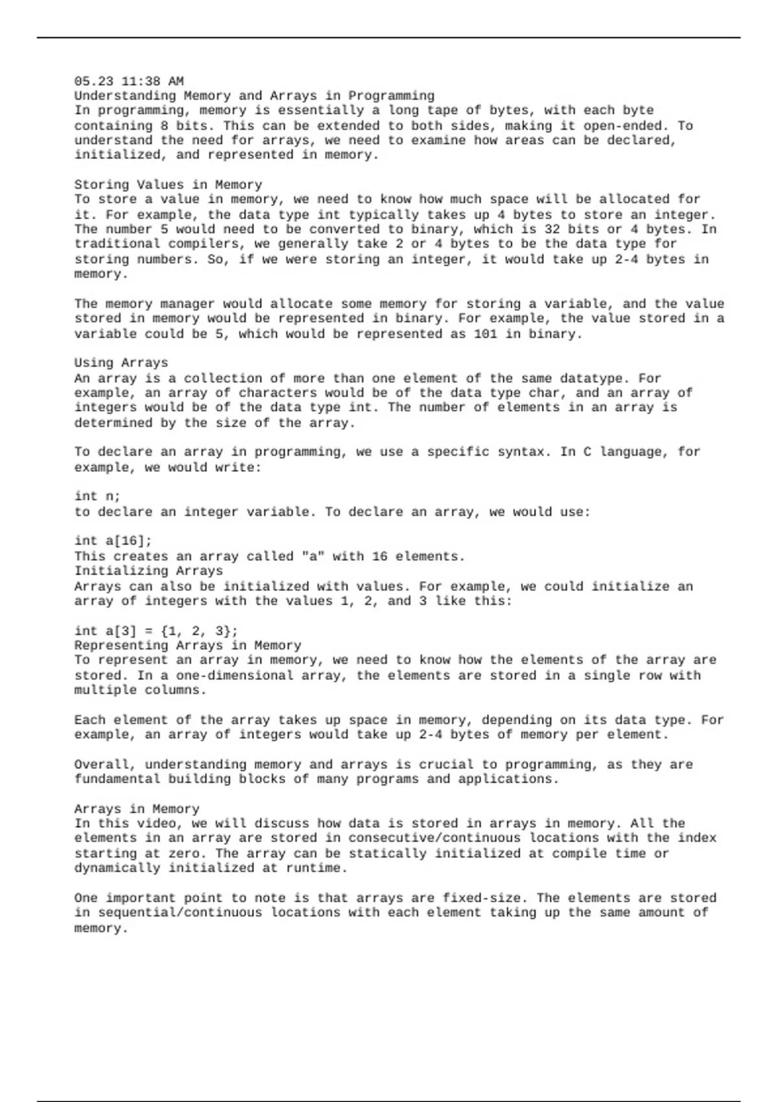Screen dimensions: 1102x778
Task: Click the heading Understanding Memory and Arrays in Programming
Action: tap(254, 96)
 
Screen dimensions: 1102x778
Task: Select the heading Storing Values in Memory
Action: tap(168, 185)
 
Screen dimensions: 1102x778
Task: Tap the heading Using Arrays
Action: tap(121, 363)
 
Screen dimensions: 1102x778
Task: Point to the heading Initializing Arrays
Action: tap(148, 571)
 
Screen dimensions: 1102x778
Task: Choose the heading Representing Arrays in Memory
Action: tap(187, 646)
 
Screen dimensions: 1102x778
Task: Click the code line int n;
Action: tap(97, 497)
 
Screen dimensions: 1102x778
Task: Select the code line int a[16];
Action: tap(113, 541)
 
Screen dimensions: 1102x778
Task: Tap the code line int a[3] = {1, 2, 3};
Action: tap(156, 631)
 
